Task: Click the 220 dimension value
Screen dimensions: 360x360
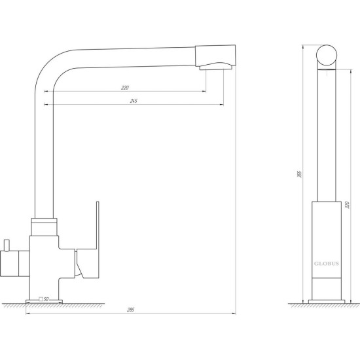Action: pyautogui.click(x=125, y=88)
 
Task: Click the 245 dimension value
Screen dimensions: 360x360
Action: pyautogui.click(x=134, y=101)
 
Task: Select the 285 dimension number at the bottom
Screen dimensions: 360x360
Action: pyautogui.click(x=130, y=310)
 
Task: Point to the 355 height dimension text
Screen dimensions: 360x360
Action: pyautogui.click(x=299, y=174)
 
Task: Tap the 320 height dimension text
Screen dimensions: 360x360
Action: pyautogui.click(x=347, y=205)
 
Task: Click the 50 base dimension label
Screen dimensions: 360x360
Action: pyautogui.click(x=46, y=299)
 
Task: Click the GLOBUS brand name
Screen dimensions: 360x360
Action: pyautogui.click(x=327, y=264)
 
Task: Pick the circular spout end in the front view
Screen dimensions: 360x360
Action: pyautogui.click(x=327, y=56)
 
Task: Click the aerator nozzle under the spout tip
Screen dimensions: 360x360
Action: pyautogui.click(x=216, y=67)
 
